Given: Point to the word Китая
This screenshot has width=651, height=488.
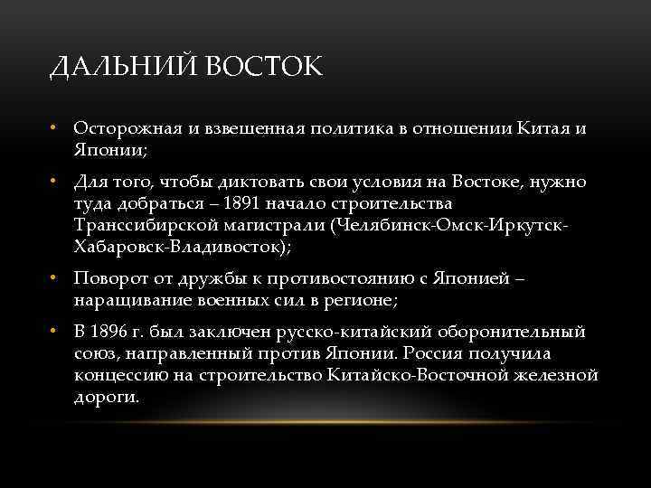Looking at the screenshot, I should pyautogui.click(x=544, y=128).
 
